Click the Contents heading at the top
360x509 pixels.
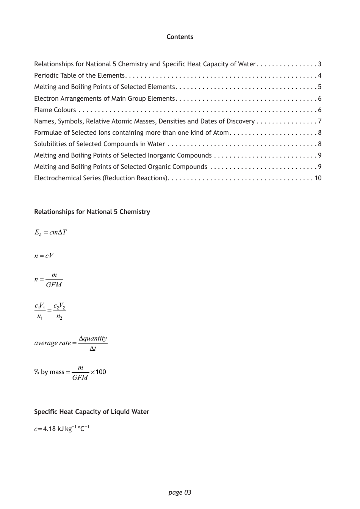180,37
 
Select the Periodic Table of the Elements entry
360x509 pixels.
79,75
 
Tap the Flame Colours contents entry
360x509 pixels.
55,110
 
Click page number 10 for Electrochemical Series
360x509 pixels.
318,178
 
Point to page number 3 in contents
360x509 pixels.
319,64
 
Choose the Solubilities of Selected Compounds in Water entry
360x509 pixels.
99,144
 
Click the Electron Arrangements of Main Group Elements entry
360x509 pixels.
104,98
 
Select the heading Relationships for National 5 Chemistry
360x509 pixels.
92,212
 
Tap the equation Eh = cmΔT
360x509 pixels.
50,233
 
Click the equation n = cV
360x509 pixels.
44,256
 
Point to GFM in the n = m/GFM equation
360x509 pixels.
54,285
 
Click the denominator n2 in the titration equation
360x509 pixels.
59,317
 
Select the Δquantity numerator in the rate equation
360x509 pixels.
93,338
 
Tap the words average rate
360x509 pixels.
52,343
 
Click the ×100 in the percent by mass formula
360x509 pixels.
98,372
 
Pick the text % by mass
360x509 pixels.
49,372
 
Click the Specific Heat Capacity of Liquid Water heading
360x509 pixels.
92,412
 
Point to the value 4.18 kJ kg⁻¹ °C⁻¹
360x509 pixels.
66,429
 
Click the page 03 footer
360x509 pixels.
180,492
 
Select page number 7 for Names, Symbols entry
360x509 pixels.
319,121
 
